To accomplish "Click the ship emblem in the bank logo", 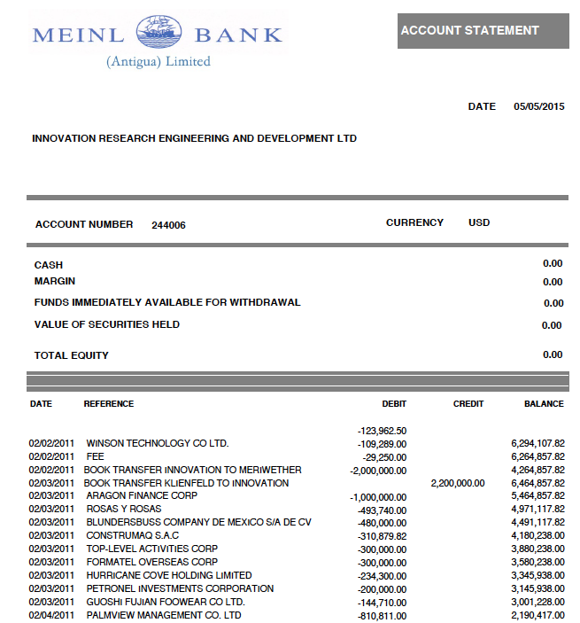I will [x=159, y=34].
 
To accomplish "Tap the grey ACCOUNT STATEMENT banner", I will [x=483, y=31].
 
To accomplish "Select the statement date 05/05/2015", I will [x=538, y=106].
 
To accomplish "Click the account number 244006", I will [x=168, y=225].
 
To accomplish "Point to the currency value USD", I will [x=479, y=223].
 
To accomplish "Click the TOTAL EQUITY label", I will [x=72, y=355].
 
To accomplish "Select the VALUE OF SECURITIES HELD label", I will [x=107, y=324].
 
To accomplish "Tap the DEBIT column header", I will [x=394, y=404].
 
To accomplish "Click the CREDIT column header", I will [x=468, y=404].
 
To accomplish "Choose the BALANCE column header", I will [x=544, y=404].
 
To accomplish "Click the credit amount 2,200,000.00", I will [x=458, y=483].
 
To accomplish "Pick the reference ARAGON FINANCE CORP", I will [x=141, y=496].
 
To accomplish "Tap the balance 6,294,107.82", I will [x=538, y=443].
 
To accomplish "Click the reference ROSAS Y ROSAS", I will [x=123, y=510].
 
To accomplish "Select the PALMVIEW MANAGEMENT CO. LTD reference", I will [x=163, y=615].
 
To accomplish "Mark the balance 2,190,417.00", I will [x=538, y=615].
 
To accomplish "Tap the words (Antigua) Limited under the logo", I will [x=159, y=61].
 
